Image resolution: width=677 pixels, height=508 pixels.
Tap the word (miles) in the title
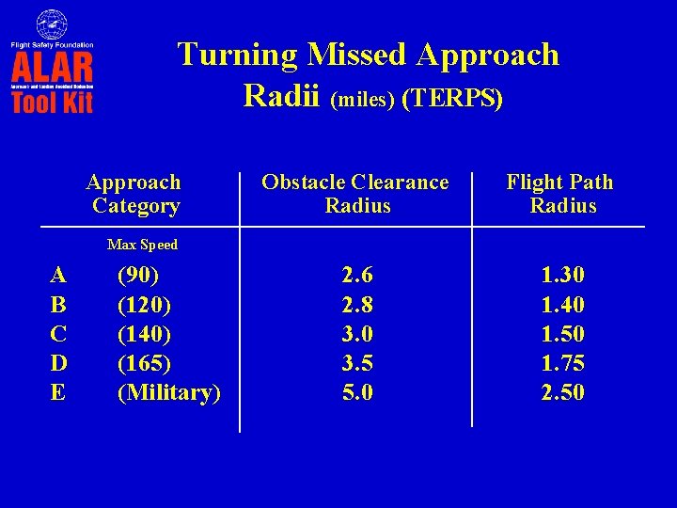(363, 99)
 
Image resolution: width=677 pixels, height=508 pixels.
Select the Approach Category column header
(134, 194)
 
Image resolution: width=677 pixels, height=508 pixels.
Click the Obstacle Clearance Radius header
(355, 194)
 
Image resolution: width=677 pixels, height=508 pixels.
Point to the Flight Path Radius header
(560, 194)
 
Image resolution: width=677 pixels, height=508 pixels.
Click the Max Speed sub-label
(142, 245)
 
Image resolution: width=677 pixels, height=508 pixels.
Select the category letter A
(58, 276)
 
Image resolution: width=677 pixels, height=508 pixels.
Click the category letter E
(58, 392)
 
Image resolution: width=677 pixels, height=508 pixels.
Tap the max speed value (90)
(137, 276)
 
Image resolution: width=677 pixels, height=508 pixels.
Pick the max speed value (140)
(143, 334)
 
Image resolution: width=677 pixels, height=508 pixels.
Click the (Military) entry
(168, 392)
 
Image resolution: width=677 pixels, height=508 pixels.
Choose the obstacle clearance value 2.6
(357, 276)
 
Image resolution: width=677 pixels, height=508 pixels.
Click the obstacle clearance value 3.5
(357, 363)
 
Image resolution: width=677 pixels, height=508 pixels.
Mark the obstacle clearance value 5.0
(357, 392)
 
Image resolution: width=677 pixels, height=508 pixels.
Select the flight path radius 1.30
(562, 276)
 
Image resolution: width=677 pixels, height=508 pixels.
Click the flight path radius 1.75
(562, 363)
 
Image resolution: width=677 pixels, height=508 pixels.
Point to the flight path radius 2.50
(562, 392)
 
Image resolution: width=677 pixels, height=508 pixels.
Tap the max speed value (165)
(143, 363)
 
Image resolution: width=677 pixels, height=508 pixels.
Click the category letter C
(58, 334)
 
